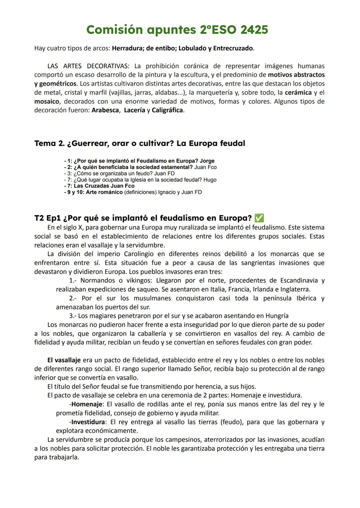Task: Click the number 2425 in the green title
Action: (254, 30)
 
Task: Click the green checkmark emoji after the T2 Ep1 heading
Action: (259, 218)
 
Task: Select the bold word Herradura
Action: (127, 48)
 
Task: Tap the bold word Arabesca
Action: (105, 110)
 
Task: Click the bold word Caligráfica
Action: (167, 110)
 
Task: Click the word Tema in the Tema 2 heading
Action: (45, 144)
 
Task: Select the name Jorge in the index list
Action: (207, 161)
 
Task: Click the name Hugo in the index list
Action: (210, 180)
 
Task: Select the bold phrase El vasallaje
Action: (64, 360)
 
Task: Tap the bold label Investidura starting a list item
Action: (88, 422)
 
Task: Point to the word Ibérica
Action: (306, 298)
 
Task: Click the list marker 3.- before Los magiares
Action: (73, 316)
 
